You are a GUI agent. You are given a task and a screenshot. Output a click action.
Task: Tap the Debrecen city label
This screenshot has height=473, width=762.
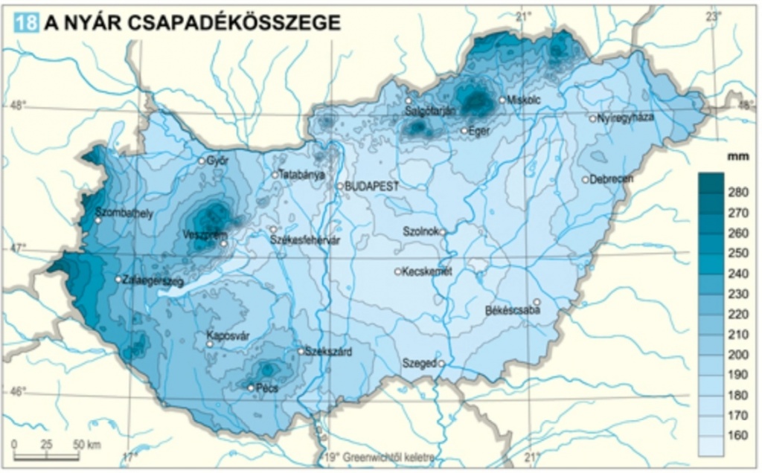(x=611, y=179)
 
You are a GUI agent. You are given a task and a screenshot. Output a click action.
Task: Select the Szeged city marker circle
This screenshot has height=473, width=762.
(x=441, y=364)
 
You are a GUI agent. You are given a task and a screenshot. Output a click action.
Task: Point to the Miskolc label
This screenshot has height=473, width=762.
(x=525, y=100)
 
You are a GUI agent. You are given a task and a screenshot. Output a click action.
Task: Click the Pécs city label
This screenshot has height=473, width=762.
(x=266, y=388)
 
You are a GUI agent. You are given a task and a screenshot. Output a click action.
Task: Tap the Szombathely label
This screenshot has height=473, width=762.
(x=124, y=213)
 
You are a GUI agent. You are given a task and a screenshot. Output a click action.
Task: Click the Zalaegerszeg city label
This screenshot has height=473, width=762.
(x=153, y=280)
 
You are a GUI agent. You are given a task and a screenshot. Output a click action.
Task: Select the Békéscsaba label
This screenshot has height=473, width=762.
(x=511, y=309)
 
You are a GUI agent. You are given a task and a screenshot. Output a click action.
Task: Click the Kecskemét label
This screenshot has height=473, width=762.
(x=426, y=271)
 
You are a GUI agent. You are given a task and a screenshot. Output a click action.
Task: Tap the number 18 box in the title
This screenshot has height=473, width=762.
(x=26, y=22)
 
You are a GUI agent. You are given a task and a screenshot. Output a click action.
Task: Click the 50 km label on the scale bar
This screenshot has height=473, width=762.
(x=87, y=445)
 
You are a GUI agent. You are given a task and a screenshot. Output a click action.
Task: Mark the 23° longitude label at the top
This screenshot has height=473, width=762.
(x=714, y=16)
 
